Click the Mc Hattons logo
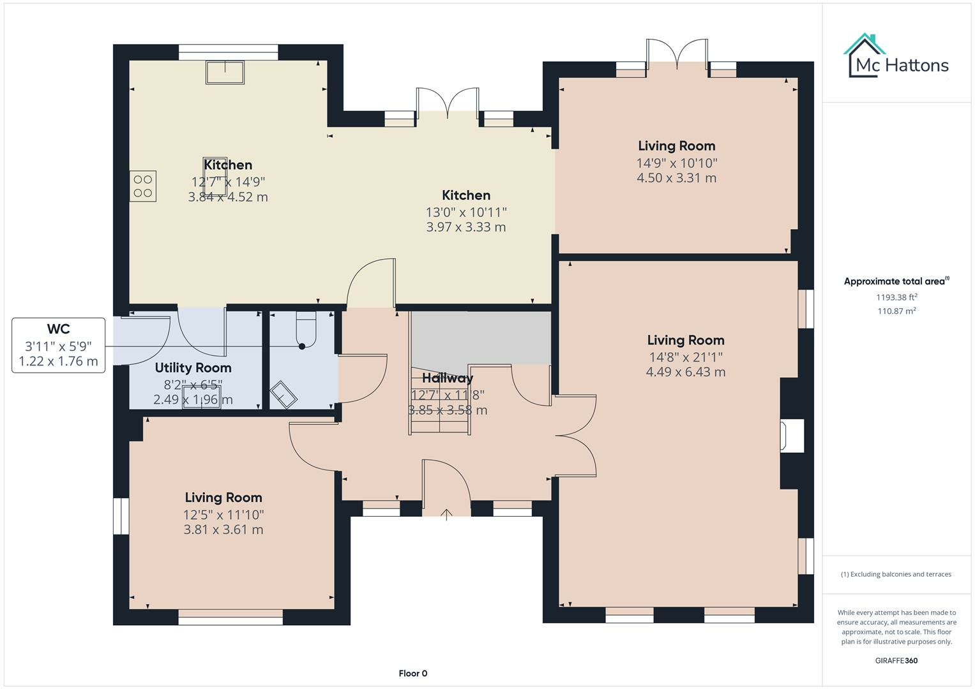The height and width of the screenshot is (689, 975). tap(898, 57)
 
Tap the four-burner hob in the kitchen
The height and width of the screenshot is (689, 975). tap(143, 186)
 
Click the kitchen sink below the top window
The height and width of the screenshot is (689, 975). tap(225, 72)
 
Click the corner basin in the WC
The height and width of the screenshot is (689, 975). tap(283, 395)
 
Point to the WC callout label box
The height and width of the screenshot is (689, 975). tap(58, 345)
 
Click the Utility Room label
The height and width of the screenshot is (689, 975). tap(193, 367)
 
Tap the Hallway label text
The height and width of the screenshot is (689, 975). tap(448, 378)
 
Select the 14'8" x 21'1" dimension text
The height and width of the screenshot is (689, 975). tap(685, 357)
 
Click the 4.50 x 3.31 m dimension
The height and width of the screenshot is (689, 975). tap(676, 178)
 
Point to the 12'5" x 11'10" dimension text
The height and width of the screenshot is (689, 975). tap(223, 514)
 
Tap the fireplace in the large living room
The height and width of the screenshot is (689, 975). tap(792, 436)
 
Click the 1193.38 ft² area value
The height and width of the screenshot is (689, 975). tap(896, 297)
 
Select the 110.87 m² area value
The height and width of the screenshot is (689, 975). tap(896, 311)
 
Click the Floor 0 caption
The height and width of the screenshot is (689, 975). tap(412, 673)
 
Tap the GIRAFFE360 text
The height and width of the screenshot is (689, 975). tap(896, 660)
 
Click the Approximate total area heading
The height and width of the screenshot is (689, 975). tap(896, 281)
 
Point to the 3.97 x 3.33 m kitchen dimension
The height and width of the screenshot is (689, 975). tap(465, 227)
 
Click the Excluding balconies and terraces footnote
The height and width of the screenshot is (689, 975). tap(896, 574)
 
